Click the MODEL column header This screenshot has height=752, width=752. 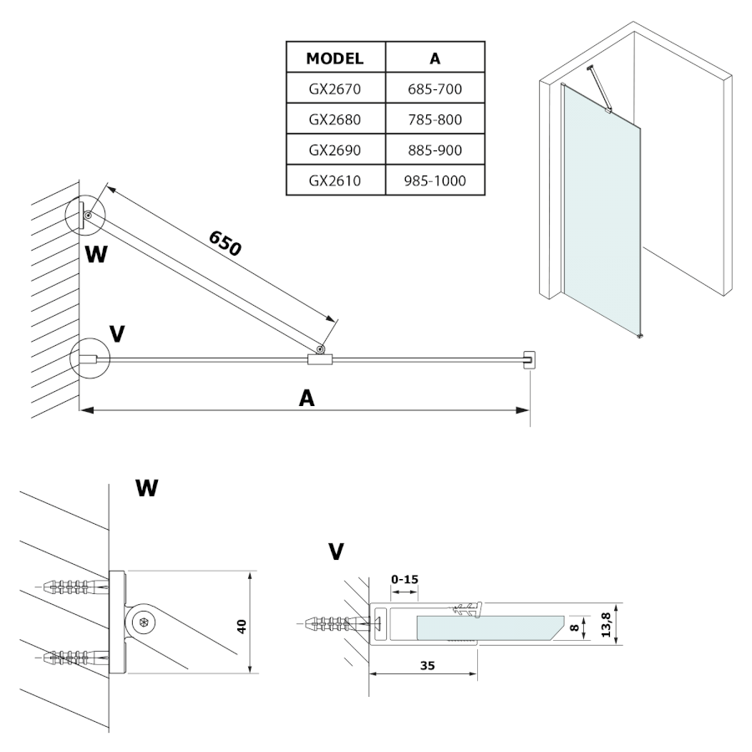[335, 59]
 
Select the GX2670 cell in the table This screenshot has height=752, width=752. [335, 88]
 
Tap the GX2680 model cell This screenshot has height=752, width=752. [335, 119]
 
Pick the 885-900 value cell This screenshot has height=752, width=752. [434, 150]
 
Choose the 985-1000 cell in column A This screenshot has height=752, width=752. [434, 180]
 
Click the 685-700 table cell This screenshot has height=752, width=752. [434, 88]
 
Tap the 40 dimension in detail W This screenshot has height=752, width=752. [241, 625]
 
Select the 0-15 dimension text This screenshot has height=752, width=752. [404, 577]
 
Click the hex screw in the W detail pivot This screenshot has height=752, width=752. [144, 622]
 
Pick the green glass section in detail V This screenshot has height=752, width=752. [485, 628]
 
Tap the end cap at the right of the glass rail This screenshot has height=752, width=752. [529, 360]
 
